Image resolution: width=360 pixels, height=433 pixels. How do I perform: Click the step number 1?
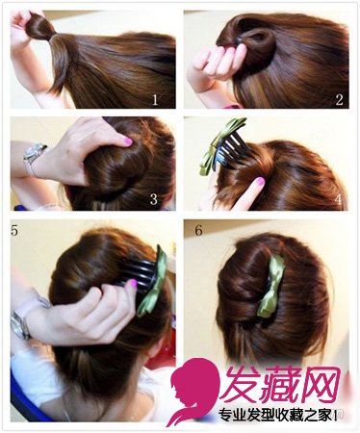(x=155, y=100)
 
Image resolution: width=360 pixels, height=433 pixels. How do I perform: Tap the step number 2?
(x=339, y=100)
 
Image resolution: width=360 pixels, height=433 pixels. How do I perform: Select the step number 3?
(x=154, y=199)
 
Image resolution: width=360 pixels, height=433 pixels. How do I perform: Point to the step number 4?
(x=338, y=199)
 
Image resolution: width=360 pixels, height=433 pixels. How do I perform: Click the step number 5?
(x=14, y=230)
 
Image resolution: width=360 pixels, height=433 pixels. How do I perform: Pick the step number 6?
(x=199, y=230)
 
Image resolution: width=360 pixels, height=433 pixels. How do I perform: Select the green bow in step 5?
(x=153, y=282)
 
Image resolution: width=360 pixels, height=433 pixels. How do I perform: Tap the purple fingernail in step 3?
(x=128, y=140)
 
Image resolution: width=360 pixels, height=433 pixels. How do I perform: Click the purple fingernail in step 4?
(x=259, y=182)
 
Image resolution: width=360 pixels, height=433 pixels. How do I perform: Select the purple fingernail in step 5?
(x=132, y=284)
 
